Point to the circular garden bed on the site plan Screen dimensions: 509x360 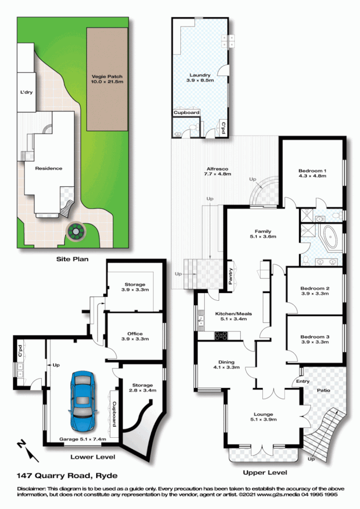tap(75, 232)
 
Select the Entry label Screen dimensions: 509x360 tap(302, 381)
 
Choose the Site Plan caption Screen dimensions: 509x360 tap(72, 259)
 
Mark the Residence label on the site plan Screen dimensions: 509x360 tap(48, 168)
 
